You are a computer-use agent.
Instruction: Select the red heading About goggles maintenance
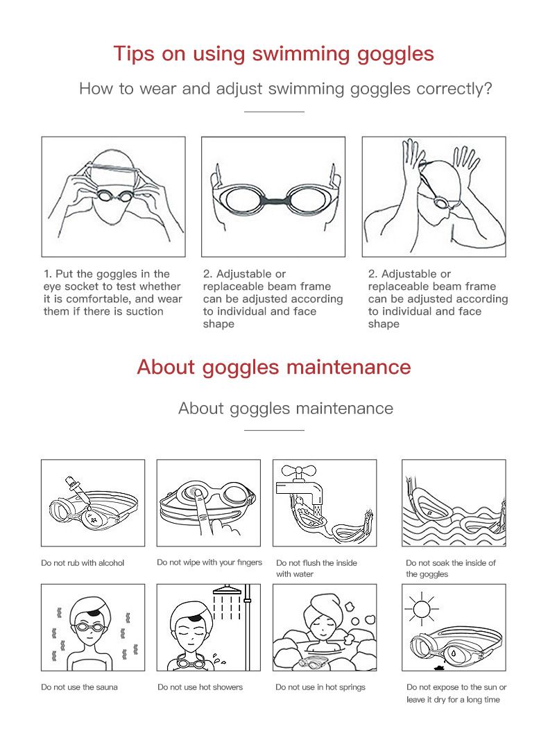point(273,366)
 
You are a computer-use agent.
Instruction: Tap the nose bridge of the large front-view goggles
point(273,202)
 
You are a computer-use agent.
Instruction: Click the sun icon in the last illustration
point(422,611)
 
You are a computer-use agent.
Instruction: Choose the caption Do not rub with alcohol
point(83,563)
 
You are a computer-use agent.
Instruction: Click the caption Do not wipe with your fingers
point(209,562)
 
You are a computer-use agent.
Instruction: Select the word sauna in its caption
point(105,687)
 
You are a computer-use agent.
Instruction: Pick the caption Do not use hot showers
point(200,687)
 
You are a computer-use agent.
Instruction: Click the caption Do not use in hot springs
point(320,687)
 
